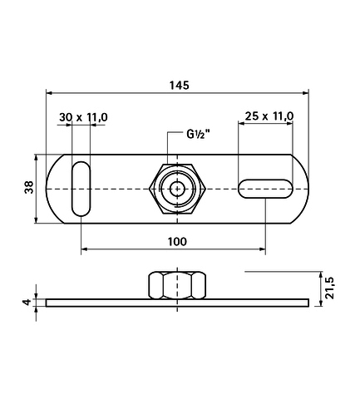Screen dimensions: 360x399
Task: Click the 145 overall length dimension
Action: (x=180, y=86)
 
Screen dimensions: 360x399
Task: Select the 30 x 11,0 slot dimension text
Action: (x=83, y=117)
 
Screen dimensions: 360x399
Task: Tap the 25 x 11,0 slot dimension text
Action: (x=269, y=116)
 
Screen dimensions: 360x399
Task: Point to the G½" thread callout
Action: (x=198, y=135)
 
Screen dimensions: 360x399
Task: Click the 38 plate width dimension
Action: (x=29, y=187)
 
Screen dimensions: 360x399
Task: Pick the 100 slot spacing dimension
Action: (x=177, y=242)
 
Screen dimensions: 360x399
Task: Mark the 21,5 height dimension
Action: (x=330, y=288)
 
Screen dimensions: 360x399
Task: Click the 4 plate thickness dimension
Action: (x=27, y=302)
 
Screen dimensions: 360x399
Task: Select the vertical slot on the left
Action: (x=81, y=189)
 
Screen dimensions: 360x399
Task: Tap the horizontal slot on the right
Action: (x=265, y=189)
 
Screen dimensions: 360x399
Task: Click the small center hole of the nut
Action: (x=177, y=190)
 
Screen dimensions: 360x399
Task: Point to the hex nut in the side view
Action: (x=177, y=285)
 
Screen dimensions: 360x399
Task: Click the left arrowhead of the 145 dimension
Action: (x=49, y=93)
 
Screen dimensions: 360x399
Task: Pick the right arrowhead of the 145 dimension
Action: (x=305, y=93)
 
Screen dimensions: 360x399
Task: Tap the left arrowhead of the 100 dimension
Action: (x=84, y=249)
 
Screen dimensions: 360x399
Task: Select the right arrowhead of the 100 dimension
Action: (x=262, y=249)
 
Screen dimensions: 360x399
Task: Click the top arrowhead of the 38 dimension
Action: (x=36, y=158)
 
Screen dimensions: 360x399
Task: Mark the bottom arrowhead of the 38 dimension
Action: (x=36, y=219)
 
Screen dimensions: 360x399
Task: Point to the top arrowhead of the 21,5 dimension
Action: (x=321, y=275)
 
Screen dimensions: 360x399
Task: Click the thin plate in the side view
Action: (x=177, y=303)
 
